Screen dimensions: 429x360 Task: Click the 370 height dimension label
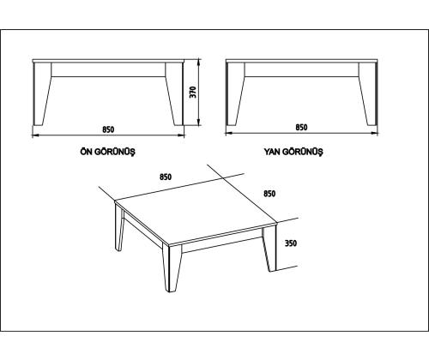[x=194, y=92]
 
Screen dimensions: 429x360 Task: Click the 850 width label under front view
[x=108, y=129]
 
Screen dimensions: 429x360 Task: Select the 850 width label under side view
[x=301, y=127]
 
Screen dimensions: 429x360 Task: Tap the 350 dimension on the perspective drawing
[x=291, y=243]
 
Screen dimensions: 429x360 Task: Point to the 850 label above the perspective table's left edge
[x=166, y=177]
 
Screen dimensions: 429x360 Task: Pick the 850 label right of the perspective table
[x=269, y=194]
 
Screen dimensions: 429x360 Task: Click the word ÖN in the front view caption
[x=86, y=152]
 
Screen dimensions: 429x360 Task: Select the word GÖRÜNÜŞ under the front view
[x=115, y=152]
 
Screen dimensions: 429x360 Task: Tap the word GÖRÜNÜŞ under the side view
[x=303, y=152]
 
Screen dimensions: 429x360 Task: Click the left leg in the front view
[x=42, y=93]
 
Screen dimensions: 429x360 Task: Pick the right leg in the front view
[x=174, y=93]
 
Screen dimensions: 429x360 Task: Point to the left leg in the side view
[x=235, y=93]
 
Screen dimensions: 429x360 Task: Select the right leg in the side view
[x=368, y=93]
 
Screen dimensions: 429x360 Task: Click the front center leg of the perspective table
[x=172, y=267]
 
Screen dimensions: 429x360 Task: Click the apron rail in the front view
[x=108, y=69]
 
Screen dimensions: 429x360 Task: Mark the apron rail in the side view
[x=302, y=69]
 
